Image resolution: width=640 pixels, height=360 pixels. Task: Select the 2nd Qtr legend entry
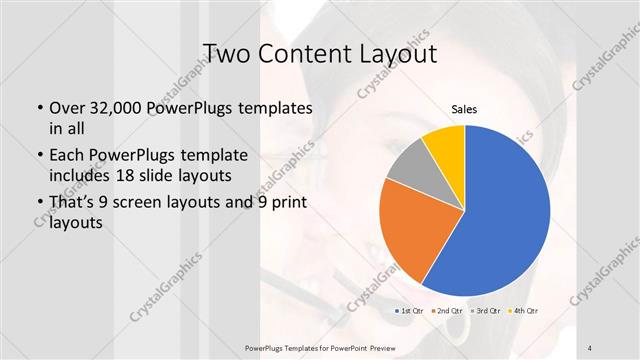pyautogui.click(x=446, y=311)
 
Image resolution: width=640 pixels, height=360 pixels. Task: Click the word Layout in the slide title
pyautogui.click(x=387, y=53)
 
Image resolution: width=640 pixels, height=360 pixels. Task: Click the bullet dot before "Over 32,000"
pyautogui.click(x=38, y=108)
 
